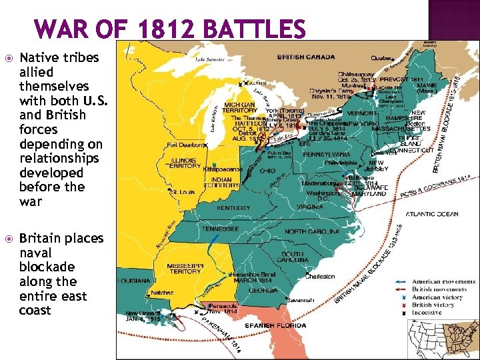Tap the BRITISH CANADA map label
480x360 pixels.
tap(311, 57)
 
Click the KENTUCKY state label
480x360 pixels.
tap(234, 208)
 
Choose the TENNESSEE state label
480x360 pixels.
tap(221, 229)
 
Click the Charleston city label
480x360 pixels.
tap(321, 276)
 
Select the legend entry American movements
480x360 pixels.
tap(443, 282)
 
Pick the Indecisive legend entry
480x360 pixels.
tap(430, 312)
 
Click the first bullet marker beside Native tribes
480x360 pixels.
tap(8, 57)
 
